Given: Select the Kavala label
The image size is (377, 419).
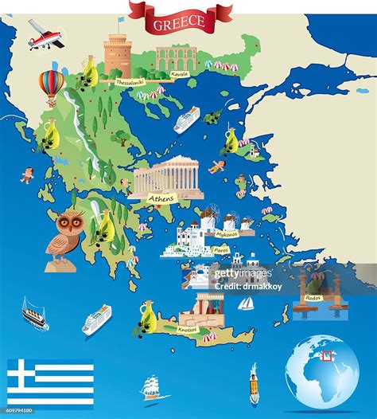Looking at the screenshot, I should (181, 75).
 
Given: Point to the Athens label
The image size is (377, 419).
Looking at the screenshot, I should (161, 198).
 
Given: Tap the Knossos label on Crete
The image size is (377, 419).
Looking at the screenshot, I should (188, 328).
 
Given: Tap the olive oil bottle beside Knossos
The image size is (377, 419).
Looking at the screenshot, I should (147, 315).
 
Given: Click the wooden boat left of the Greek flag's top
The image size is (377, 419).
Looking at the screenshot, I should (34, 313).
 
